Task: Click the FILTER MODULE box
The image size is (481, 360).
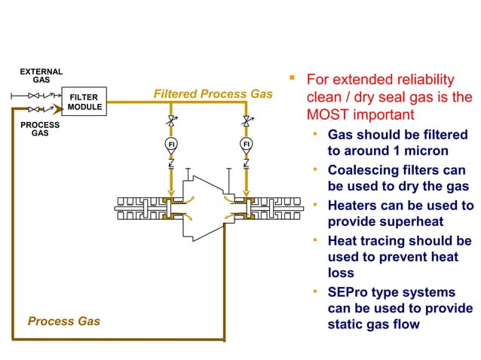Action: pos(84,102)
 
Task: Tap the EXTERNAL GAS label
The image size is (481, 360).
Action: pos(41,76)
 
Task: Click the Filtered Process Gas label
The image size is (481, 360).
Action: pos(213,94)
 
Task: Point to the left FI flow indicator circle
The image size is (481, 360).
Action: pos(171,143)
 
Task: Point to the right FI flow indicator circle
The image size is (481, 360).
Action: pos(246,143)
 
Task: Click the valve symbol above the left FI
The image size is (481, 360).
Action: pos(171,121)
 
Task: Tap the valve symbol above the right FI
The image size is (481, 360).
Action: pos(246,121)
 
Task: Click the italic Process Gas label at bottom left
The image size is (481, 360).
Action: pos(64,322)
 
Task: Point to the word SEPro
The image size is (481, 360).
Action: pos(351,292)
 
